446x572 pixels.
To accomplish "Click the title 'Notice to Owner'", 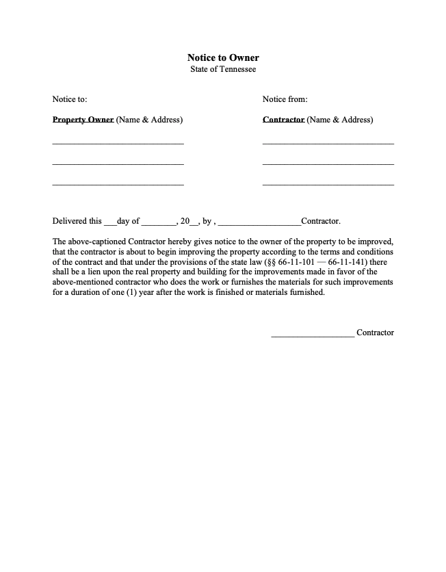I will [223, 58].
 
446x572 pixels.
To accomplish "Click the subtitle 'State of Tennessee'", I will [223, 70].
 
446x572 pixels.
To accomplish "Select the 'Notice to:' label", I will [70, 99].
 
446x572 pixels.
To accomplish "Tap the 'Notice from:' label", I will [285, 99].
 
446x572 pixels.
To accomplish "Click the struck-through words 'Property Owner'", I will [83, 120].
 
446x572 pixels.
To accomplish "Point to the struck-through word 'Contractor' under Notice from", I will [283, 120].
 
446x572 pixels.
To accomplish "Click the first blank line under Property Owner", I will [118, 144].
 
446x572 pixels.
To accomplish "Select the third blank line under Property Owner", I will [118, 185].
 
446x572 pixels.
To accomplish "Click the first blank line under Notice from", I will [328, 144].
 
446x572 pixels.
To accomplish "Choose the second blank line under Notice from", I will [328, 164].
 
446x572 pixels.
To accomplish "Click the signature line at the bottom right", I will [313, 335].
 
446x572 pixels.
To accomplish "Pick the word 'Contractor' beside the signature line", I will [375, 333].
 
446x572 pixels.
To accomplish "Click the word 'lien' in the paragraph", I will [105, 272].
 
